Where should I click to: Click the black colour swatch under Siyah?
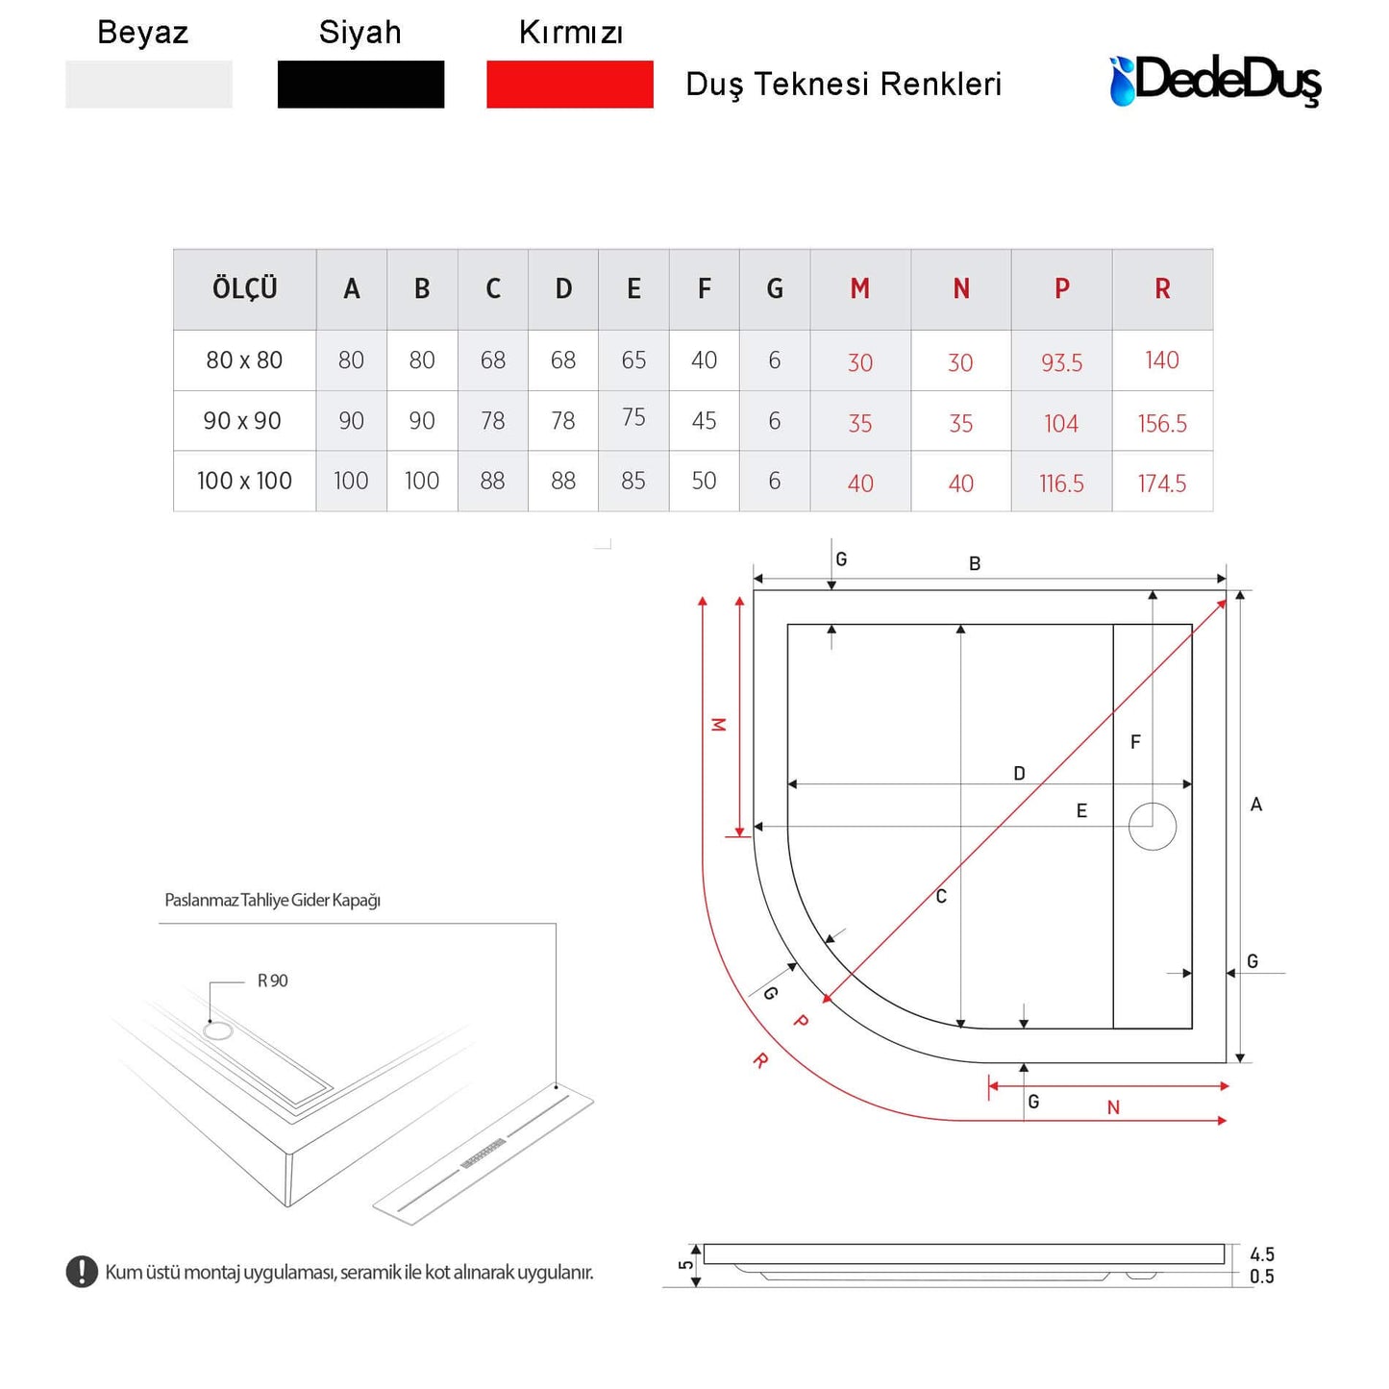click(360, 85)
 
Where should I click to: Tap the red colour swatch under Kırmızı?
click(569, 85)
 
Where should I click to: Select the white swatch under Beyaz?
click(148, 85)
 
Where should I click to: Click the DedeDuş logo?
click(1215, 81)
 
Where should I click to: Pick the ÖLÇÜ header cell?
click(244, 289)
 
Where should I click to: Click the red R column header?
click(1162, 289)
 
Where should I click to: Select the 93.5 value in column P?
click(1061, 362)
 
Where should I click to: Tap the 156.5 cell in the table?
click(1162, 423)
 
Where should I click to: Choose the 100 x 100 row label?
click(244, 481)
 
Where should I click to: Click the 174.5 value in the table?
click(1162, 483)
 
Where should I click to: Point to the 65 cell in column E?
click(633, 360)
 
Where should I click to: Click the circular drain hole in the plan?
click(1152, 826)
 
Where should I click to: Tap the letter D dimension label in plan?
click(1019, 774)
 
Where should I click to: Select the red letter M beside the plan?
click(718, 725)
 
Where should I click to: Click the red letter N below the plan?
click(1113, 1108)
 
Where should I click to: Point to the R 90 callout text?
click(272, 980)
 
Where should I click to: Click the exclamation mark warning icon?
click(82, 1272)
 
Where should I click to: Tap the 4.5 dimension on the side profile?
click(1262, 1254)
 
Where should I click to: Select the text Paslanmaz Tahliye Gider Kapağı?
click(272, 901)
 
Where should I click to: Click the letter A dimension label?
click(1255, 805)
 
